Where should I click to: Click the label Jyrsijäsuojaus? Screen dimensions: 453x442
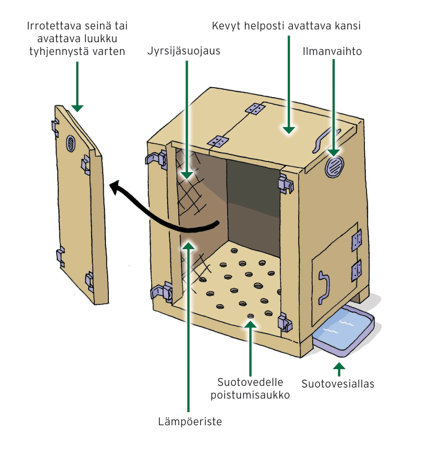(x=184, y=52)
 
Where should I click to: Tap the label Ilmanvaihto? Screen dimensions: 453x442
(x=332, y=52)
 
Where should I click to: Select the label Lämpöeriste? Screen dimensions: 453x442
(x=189, y=422)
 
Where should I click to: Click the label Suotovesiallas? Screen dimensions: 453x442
(x=338, y=384)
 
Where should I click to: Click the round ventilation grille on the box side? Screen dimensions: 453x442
(x=335, y=167)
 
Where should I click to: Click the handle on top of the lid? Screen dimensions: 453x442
(x=324, y=138)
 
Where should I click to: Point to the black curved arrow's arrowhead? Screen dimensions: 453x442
(x=115, y=189)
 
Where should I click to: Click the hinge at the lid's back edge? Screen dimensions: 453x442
(x=255, y=109)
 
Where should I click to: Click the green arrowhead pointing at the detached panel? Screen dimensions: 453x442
(x=77, y=106)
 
